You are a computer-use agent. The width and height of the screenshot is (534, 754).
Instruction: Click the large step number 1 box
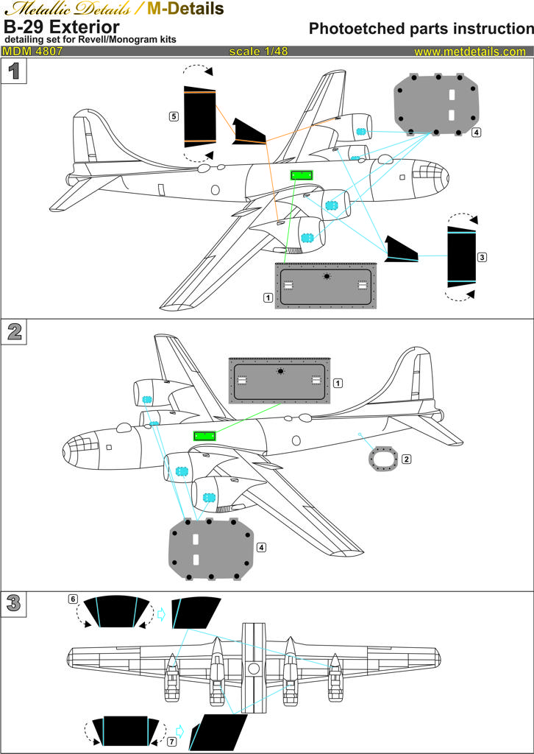coord(13,72)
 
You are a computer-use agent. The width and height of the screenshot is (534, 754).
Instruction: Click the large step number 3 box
coord(13,604)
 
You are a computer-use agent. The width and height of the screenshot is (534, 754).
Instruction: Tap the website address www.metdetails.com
coord(470,52)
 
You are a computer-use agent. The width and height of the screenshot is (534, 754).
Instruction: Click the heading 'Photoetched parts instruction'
coord(421,29)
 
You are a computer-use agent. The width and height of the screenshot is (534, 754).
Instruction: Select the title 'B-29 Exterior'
coord(62,26)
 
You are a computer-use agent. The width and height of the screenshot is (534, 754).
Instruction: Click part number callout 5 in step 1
coord(173,116)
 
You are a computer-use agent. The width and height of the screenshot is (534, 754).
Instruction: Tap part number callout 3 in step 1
coord(482,258)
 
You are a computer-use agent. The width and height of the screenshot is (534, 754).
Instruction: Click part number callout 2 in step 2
coord(407,459)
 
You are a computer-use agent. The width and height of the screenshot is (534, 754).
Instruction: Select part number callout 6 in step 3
coord(73,599)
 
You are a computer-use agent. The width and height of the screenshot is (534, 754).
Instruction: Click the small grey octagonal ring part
coord(382,459)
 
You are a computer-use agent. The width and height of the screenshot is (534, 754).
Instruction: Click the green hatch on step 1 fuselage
coord(302,175)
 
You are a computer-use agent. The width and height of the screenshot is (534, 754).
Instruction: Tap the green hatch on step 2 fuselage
coord(204,436)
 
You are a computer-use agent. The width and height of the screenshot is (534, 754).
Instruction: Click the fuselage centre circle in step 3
coord(253,669)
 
